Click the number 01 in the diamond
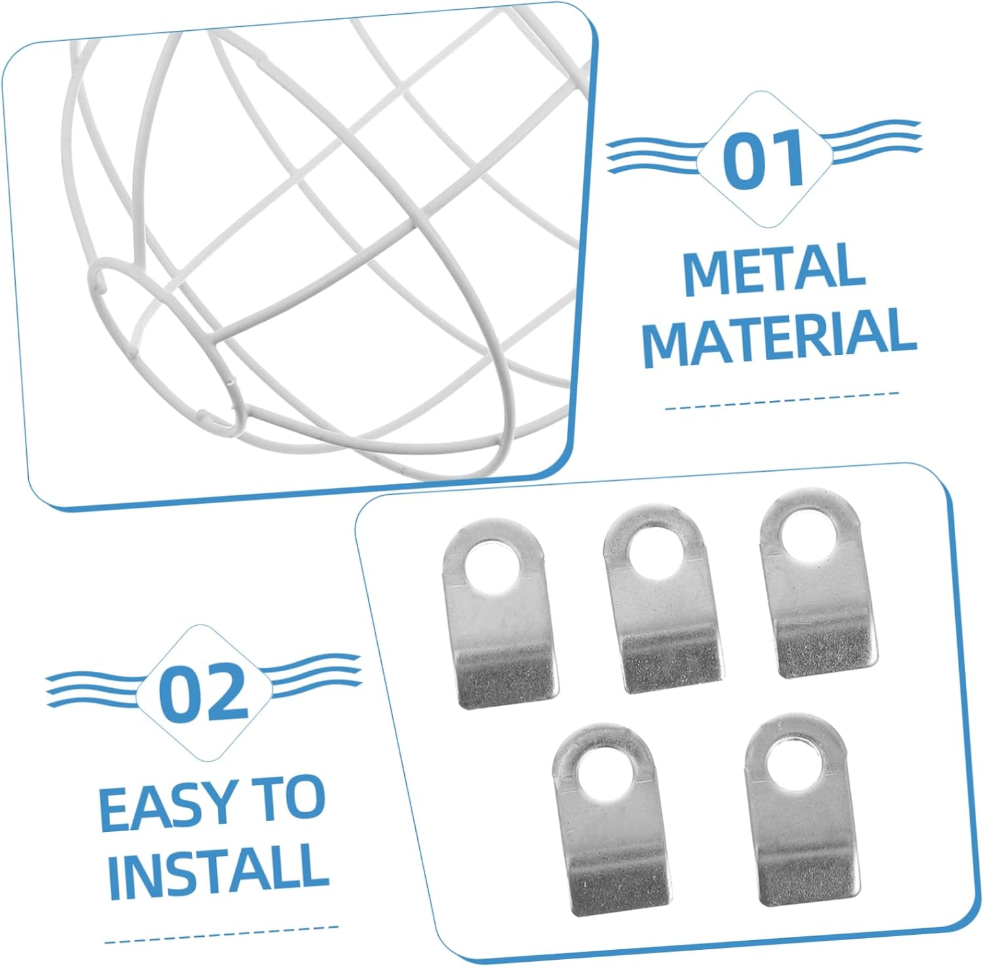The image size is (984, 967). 764,159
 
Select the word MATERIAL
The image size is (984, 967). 779,337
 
